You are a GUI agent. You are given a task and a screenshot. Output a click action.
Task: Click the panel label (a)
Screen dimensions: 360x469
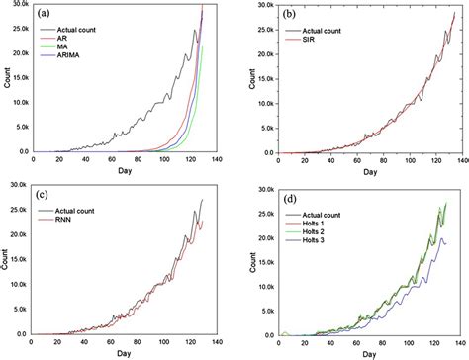click(x=47, y=14)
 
